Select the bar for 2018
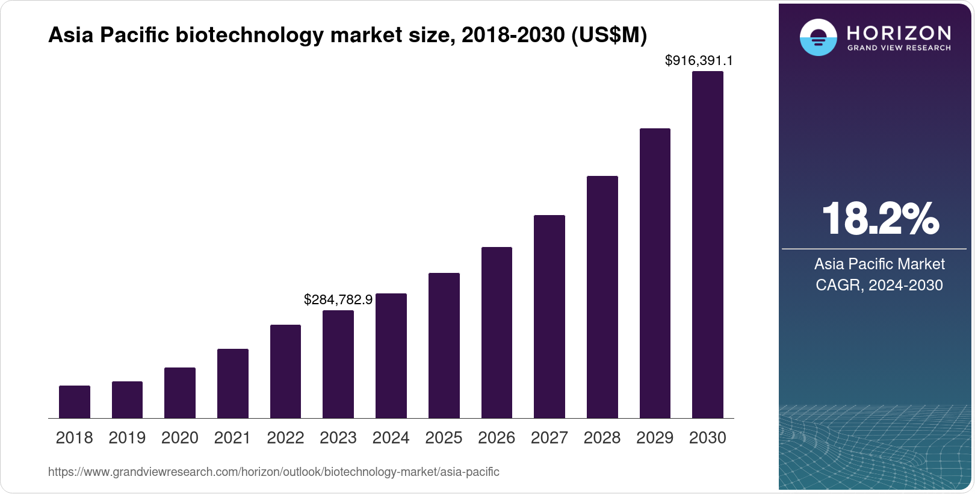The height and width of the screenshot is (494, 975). point(75,402)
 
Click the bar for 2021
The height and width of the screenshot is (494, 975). point(233,383)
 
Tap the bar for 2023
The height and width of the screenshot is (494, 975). point(338,364)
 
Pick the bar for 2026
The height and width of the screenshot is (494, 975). point(497,333)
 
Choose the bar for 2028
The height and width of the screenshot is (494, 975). point(602,297)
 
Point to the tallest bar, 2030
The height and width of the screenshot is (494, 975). point(707,245)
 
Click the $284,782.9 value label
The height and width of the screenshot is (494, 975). point(338,299)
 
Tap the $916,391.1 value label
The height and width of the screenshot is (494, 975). point(699,60)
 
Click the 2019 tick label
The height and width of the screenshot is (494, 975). point(127,438)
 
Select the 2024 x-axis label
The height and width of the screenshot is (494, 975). point(391,438)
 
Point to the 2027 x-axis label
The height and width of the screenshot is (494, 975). point(549,438)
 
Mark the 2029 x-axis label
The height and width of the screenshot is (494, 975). point(655,438)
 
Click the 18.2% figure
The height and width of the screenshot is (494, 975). point(879,219)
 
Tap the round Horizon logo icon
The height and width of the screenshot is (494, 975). point(818,37)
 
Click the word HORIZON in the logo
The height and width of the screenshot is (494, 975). point(899,33)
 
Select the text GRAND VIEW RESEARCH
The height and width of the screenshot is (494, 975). point(899,48)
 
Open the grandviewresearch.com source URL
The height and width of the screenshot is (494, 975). point(273,472)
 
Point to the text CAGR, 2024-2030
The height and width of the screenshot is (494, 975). point(879,285)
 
